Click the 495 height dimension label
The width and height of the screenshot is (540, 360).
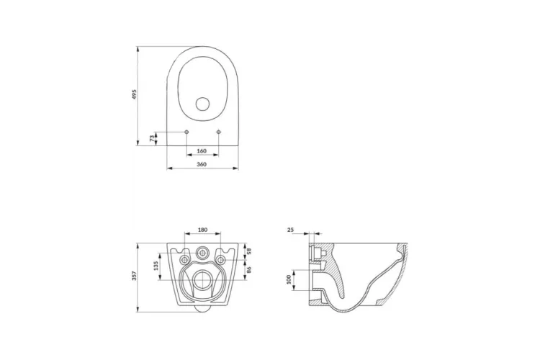(x=135, y=95)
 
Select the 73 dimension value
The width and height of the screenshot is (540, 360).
(x=151, y=138)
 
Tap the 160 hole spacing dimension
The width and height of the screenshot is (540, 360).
(x=202, y=151)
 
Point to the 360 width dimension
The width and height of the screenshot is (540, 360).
(x=202, y=164)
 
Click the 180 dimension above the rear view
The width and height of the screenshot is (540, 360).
(x=202, y=230)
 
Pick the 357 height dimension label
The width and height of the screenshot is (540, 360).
(x=135, y=276)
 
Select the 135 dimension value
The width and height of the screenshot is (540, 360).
(x=156, y=266)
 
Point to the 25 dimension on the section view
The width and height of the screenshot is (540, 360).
(x=290, y=229)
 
